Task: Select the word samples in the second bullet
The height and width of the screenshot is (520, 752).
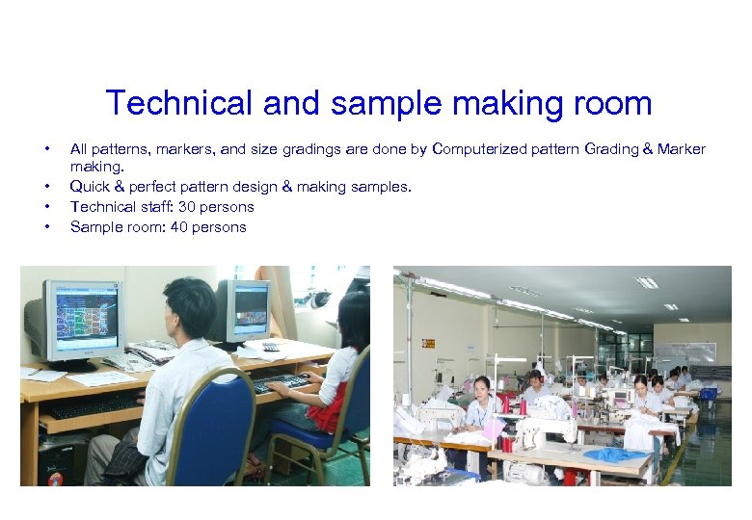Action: pos(382,186)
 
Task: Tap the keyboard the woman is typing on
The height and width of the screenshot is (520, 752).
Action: pos(282,383)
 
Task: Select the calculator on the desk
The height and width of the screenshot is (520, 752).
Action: pos(271,346)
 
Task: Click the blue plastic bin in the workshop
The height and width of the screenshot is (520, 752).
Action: pos(709,393)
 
